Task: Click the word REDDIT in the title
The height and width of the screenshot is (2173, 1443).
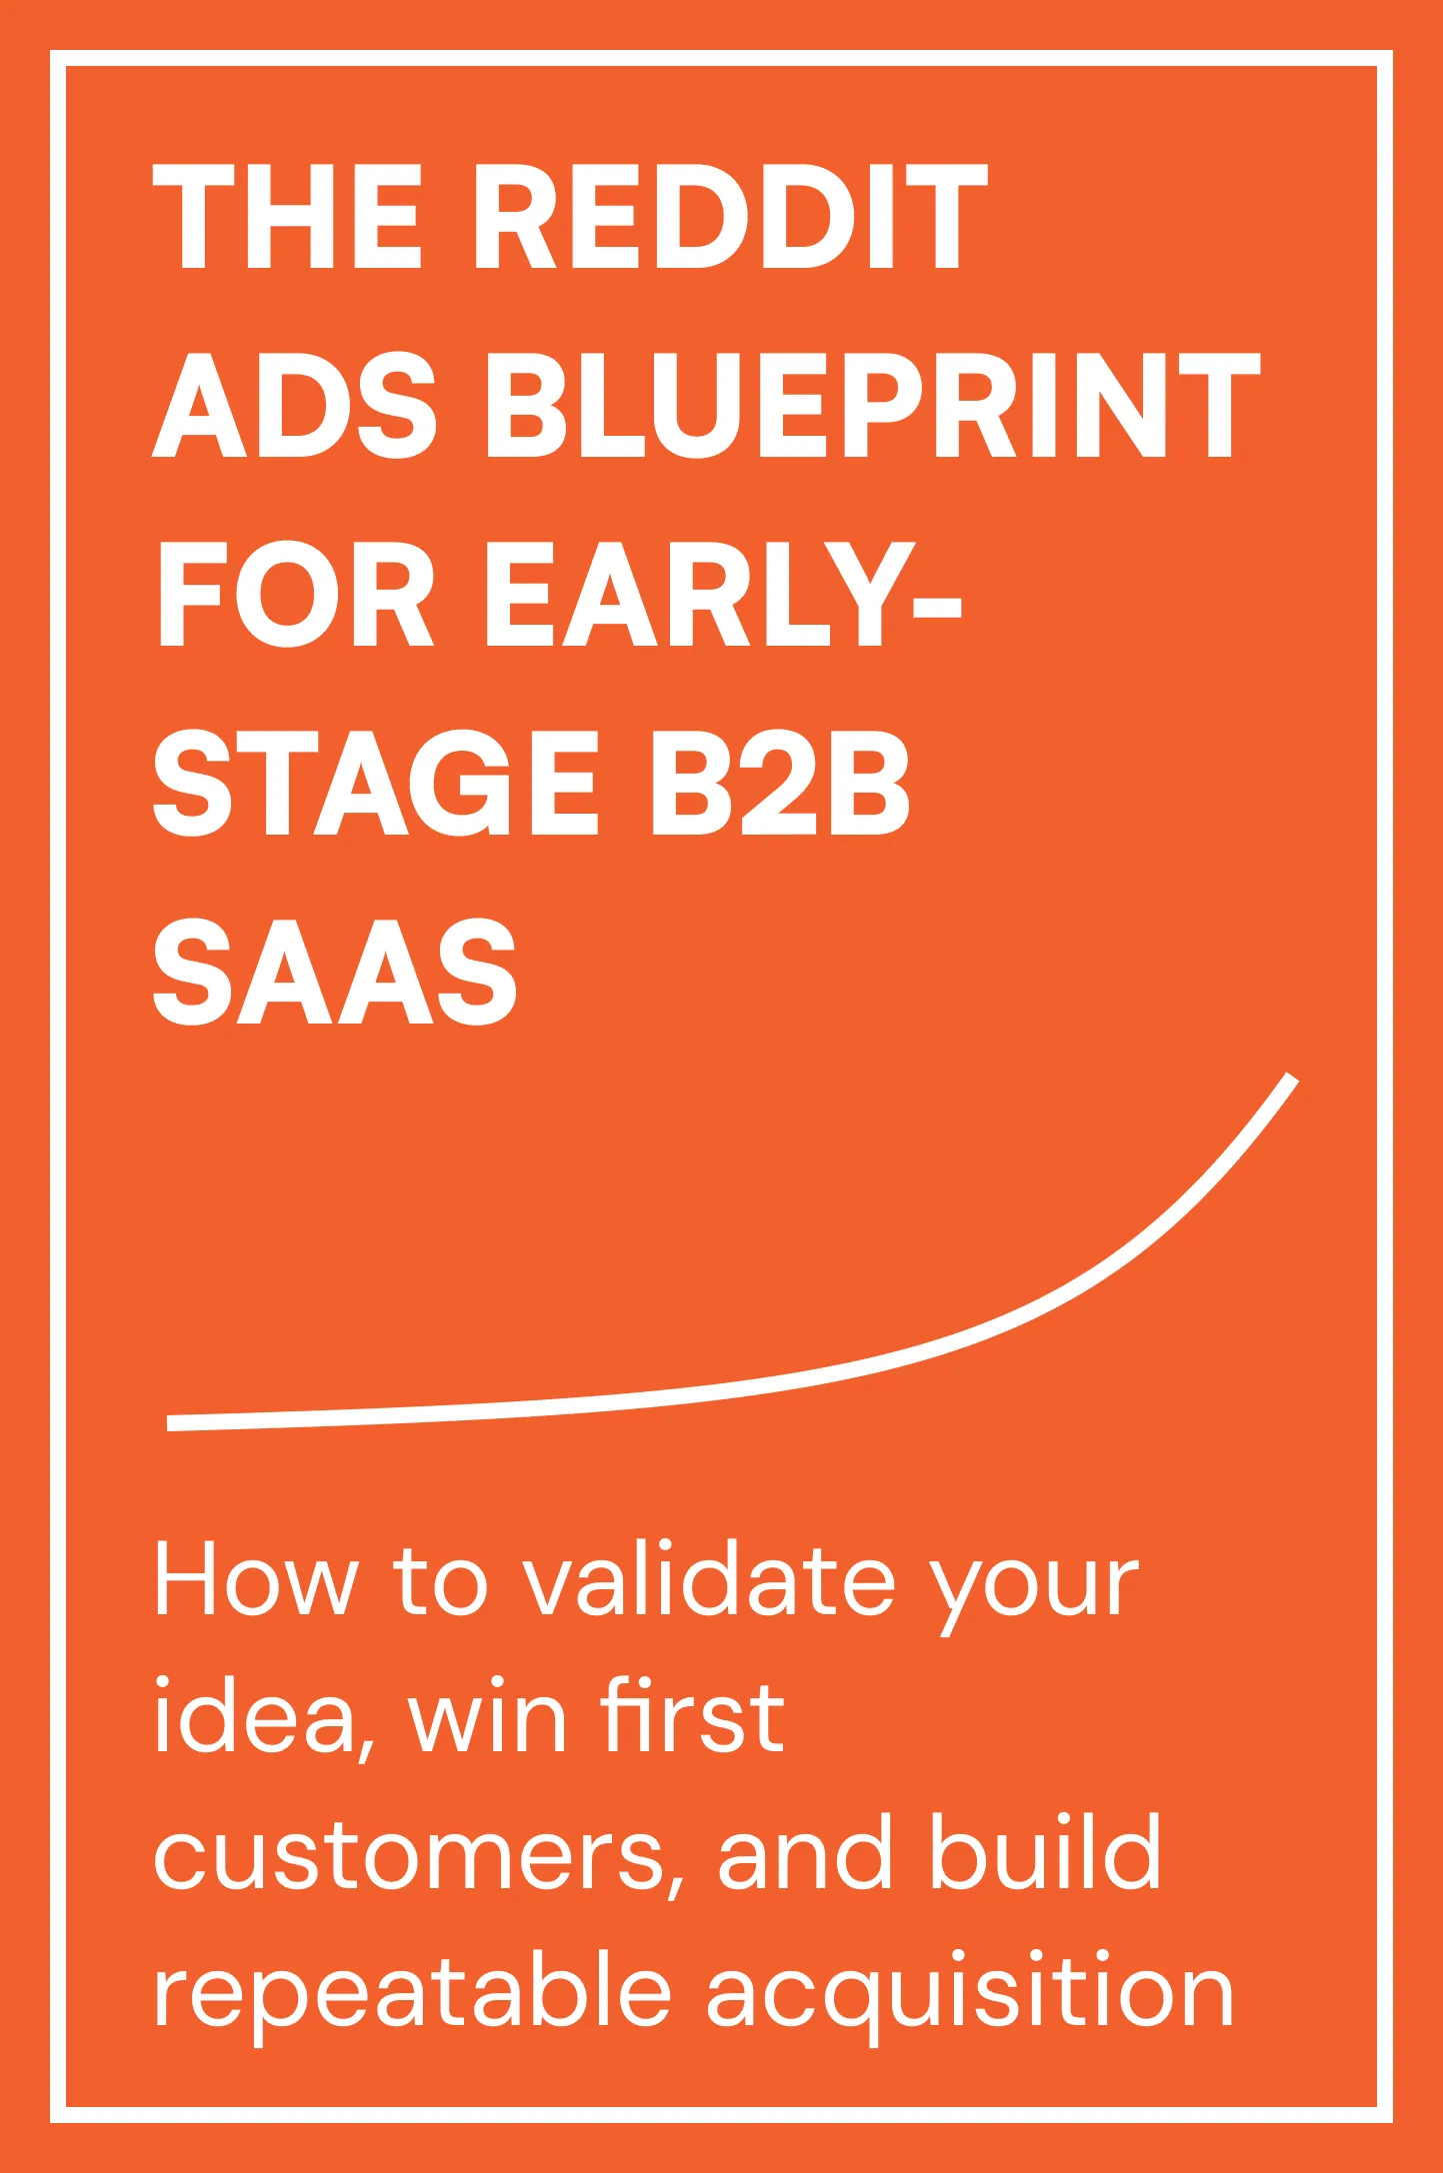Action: tap(729, 216)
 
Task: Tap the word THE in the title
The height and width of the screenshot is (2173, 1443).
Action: tap(287, 216)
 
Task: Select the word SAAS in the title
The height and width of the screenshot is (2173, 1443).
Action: tap(335, 974)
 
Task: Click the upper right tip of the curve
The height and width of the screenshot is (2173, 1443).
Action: tap(1291, 1079)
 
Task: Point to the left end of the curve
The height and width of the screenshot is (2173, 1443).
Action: tap(172, 1422)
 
